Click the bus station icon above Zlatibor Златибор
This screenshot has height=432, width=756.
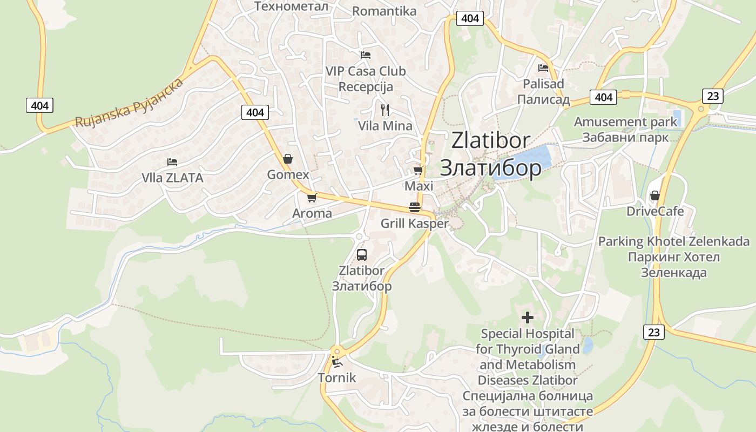click(x=362, y=254)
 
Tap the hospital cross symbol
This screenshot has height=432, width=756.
click(x=527, y=318)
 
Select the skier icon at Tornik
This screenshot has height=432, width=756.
click(x=337, y=362)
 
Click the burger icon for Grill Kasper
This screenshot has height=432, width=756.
click(x=415, y=207)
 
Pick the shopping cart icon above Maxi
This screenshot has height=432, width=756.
click(x=417, y=171)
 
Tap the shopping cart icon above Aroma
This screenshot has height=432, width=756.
click(x=312, y=198)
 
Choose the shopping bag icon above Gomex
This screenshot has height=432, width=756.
click(x=288, y=159)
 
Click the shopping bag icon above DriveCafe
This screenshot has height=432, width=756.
click(x=654, y=195)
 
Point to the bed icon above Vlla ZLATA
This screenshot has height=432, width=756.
click(x=172, y=161)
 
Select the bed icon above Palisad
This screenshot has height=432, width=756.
click(x=543, y=68)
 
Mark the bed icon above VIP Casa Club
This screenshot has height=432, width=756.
click(x=366, y=55)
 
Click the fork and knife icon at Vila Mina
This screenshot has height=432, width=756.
click(x=385, y=110)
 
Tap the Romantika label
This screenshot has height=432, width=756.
click(x=384, y=11)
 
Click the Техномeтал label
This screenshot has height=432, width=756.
click(x=291, y=6)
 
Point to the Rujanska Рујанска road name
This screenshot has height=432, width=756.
click(x=130, y=103)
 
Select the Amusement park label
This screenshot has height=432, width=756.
click(x=625, y=122)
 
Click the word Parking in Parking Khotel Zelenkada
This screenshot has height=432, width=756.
click(x=620, y=241)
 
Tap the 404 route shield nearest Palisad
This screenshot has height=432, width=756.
click(x=603, y=97)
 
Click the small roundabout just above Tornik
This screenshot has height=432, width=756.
click(x=337, y=350)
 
